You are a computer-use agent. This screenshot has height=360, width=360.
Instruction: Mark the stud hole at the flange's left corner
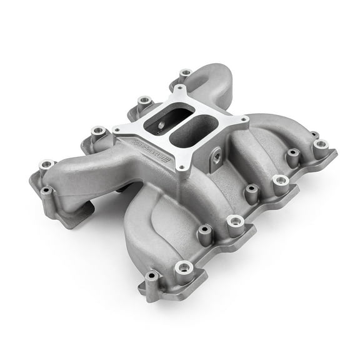pyautogui.click(x=117, y=131)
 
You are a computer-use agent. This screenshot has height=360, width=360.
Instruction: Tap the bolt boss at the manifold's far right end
pyautogui.click(x=320, y=145)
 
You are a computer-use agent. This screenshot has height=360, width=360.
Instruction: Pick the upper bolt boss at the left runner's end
pyautogui.click(x=46, y=166)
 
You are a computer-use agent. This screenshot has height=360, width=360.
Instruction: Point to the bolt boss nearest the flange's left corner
pyautogui.click(x=97, y=132)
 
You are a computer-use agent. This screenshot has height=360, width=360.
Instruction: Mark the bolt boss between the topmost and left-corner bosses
pyautogui.click(x=144, y=100)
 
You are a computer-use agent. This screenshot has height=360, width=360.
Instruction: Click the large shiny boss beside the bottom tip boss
pyautogui.click(x=182, y=269)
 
